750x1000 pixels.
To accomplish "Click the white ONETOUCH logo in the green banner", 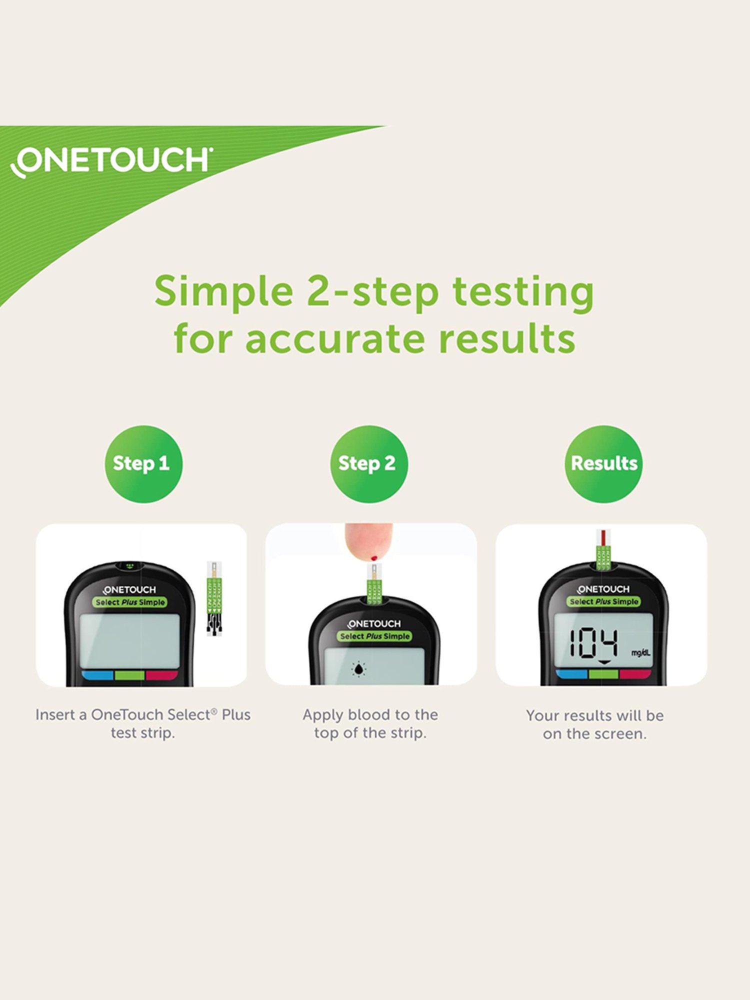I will coord(111,161).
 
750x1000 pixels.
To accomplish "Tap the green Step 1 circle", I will coord(143,463).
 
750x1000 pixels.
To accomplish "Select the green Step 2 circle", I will coord(368,463).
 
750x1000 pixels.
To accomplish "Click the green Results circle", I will coord(603,463).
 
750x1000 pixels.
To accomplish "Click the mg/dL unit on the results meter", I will coord(640,652).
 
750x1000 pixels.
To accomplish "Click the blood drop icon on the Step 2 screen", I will coord(358,669).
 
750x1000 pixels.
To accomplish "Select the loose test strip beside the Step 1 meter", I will coord(214,598).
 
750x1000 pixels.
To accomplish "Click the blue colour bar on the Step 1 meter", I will coord(98,675).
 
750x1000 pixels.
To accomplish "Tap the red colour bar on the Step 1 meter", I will coord(161,675).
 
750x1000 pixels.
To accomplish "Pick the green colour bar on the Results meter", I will coord(603,674).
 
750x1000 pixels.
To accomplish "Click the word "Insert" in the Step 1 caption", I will coord(55,715).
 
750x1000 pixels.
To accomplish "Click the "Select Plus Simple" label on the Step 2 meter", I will coord(375,636).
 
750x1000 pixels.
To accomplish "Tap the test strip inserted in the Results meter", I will coord(604,550).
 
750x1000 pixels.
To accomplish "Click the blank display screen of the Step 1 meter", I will coord(129,640).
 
